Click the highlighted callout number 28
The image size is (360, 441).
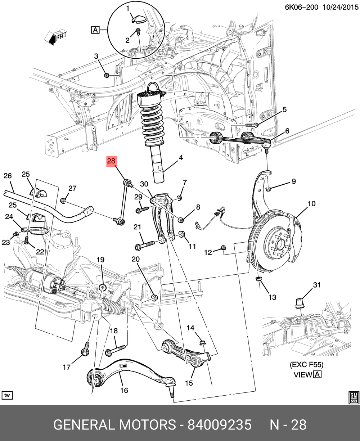tap(111, 162)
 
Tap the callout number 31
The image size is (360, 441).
tap(316, 285)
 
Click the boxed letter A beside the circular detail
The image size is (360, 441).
tap(95, 30)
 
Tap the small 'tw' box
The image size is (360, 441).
tap(7, 395)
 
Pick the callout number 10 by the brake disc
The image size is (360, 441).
tap(311, 204)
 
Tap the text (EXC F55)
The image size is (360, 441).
tap(307, 365)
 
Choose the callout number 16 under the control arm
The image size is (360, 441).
tap(124, 390)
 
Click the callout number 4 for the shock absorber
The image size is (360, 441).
tap(180, 158)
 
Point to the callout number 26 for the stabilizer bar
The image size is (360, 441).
tap(8, 176)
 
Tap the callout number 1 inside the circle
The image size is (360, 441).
tap(127, 8)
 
